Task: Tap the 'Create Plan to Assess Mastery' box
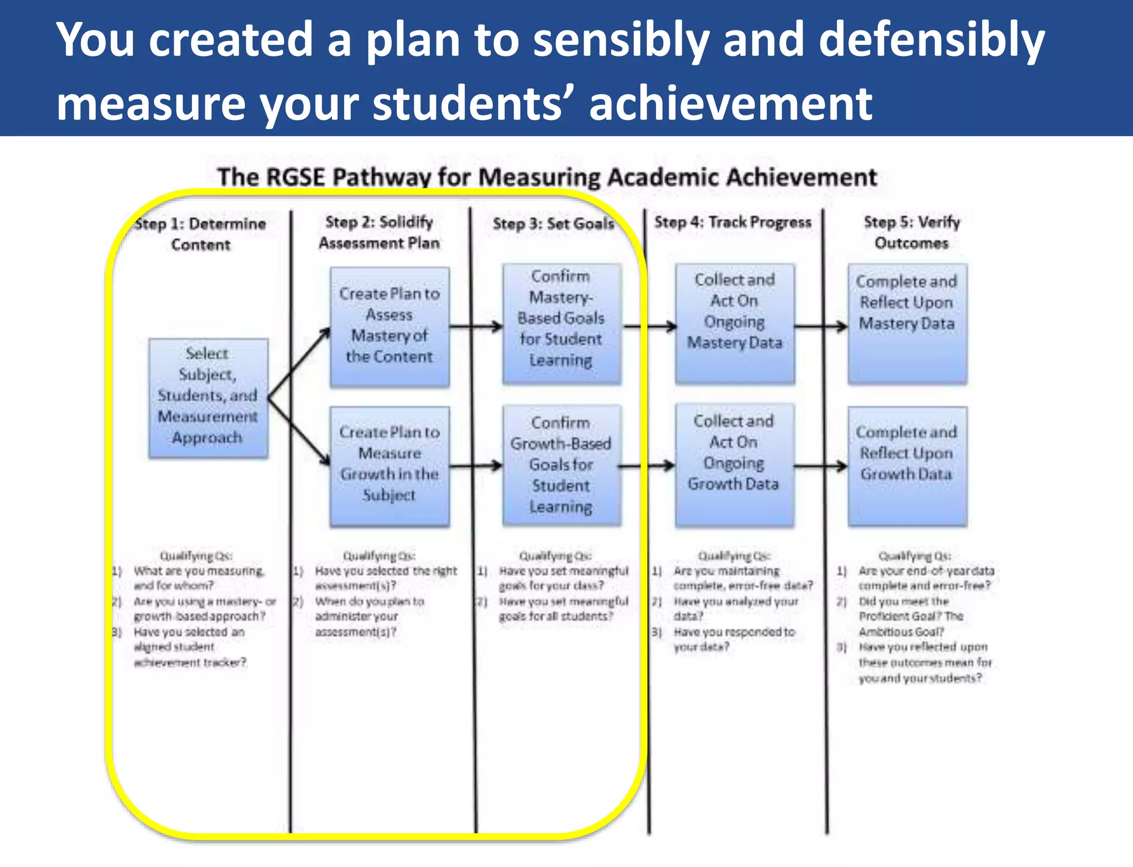(x=389, y=326)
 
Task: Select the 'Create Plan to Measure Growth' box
(x=389, y=466)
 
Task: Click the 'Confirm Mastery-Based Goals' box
(x=561, y=323)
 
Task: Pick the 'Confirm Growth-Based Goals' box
(x=561, y=465)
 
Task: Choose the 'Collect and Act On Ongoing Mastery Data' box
(x=735, y=323)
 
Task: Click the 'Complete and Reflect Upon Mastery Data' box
(x=907, y=323)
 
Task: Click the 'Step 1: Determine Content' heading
(x=200, y=234)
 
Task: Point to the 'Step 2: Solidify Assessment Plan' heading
(x=380, y=232)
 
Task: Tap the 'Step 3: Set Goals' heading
(x=553, y=224)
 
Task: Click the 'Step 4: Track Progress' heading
(x=732, y=222)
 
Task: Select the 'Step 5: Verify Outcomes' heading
(x=912, y=232)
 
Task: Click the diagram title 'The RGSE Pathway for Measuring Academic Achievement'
(x=547, y=178)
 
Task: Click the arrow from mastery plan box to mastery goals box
(x=476, y=326)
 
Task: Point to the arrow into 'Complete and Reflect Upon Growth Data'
(x=821, y=466)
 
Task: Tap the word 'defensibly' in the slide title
(x=932, y=40)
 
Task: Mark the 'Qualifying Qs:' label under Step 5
(x=915, y=555)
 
